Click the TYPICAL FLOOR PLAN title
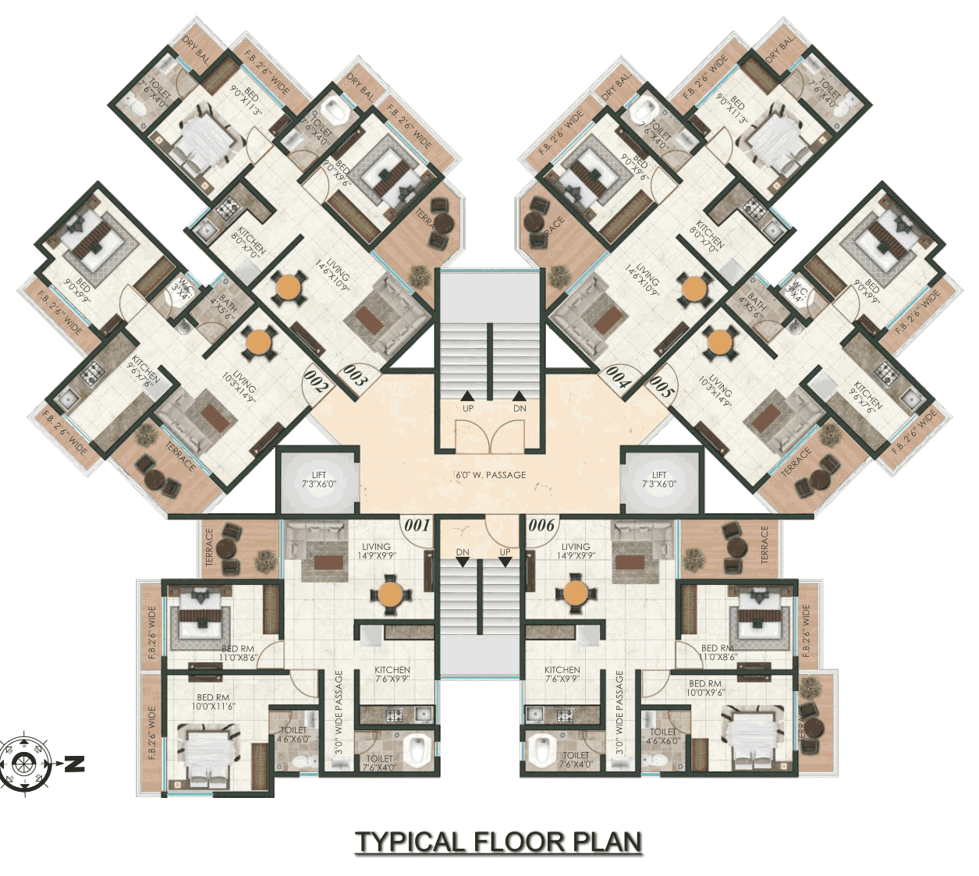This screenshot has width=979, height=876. click(x=498, y=842)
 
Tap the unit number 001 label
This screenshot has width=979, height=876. click(x=417, y=525)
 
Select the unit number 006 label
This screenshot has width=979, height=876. click(x=541, y=525)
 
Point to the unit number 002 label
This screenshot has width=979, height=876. click(x=316, y=382)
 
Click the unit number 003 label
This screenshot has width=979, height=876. click(x=354, y=377)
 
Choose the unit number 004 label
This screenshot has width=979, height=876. click(x=618, y=378)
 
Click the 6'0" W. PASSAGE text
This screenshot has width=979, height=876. click(x=491, y=475)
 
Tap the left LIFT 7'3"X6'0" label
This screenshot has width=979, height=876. click(x=319, y=480)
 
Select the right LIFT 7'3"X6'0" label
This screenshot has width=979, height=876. click(x=659, y=480)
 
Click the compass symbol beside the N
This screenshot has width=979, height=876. click(x=25, y=763)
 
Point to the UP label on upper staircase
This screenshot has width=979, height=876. click(x=468, y=409)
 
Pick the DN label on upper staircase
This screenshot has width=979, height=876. click(x=520, y=409)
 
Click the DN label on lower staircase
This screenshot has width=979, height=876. click(x=463, y=552)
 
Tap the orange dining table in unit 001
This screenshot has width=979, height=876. click(x=390, y=594)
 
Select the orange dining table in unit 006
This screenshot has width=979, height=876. click(x=576, y=593)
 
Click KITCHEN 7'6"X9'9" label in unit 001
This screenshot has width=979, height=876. click(x=392, y=674)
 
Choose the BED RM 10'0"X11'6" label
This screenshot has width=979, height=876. click(x=213, y=702)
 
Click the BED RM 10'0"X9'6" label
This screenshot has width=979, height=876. click(x=705, y=688)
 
